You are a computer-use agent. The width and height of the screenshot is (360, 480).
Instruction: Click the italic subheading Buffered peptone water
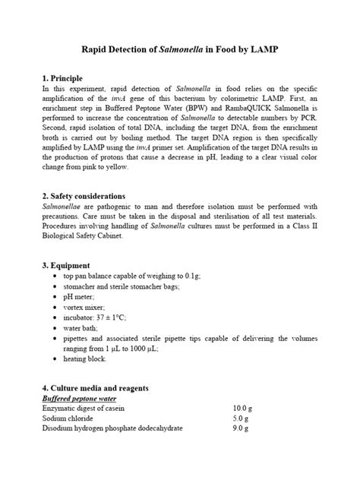[78, 398]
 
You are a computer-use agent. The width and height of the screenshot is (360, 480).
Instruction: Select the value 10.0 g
[241, 409]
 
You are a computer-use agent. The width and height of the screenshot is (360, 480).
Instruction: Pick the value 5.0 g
[241, 418]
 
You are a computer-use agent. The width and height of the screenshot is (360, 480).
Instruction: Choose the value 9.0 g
[241, 429]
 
